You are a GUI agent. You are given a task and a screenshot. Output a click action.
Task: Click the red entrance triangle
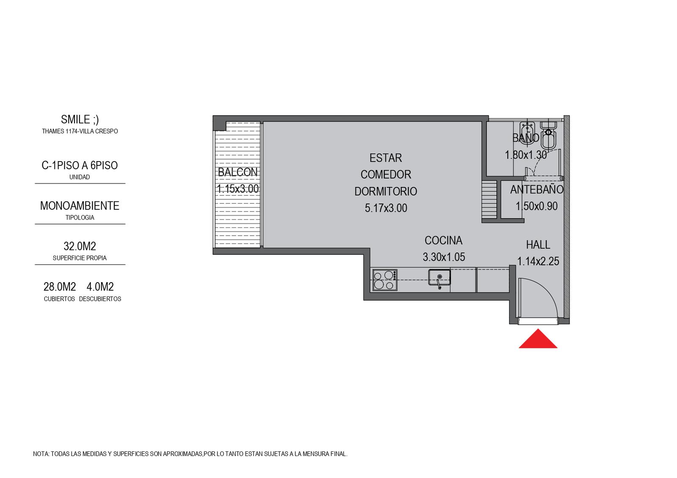[538, 339]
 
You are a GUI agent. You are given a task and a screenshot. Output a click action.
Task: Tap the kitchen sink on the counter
[439, 278]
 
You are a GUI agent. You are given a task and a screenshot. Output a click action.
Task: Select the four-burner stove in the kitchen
[385, 280]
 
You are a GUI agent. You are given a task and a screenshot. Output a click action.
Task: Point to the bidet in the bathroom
[526, 131]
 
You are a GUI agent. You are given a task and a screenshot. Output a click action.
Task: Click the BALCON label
[237, 172]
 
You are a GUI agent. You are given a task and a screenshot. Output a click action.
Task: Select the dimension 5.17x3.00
[385, 208]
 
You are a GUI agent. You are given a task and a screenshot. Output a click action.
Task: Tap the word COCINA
[443, 241]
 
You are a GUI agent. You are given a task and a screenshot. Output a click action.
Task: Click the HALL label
[538, 245]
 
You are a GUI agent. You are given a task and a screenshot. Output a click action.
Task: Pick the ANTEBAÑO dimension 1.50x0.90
[537, 206]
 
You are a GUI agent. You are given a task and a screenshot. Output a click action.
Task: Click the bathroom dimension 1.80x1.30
[526, 155]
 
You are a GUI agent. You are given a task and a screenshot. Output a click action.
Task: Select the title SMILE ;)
[80, 120]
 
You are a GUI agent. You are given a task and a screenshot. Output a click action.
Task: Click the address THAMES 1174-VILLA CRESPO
[80, 132]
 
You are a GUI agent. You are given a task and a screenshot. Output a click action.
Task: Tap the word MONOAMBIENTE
[80, 206]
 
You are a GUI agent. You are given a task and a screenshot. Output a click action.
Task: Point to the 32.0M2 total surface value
[80, 246]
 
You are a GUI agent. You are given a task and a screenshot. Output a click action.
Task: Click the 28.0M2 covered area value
[60, 286]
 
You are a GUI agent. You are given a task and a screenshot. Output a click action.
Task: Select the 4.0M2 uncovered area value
[100, 286]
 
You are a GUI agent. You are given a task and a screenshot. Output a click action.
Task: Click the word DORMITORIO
[385, 192]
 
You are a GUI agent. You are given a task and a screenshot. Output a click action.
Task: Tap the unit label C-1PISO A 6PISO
[80, 165]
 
